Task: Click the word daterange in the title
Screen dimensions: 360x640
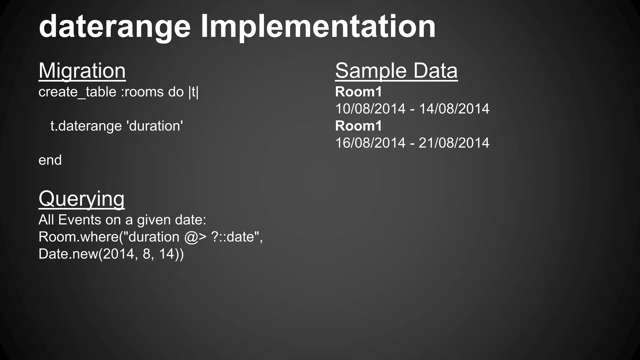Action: point(114,27)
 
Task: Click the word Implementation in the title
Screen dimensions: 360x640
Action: point(318,27)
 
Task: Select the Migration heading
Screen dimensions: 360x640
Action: point(82,71)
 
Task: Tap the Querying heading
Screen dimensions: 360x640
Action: point(82,199)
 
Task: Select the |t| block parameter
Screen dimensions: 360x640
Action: point(193,92)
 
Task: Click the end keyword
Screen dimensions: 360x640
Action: point(50,160)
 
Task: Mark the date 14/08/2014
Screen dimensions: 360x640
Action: point(454,109)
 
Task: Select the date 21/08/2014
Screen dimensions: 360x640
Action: point(454,143)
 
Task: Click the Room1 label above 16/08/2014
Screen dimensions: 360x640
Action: point(358,126)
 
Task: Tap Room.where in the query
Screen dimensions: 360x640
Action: point(78,237)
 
